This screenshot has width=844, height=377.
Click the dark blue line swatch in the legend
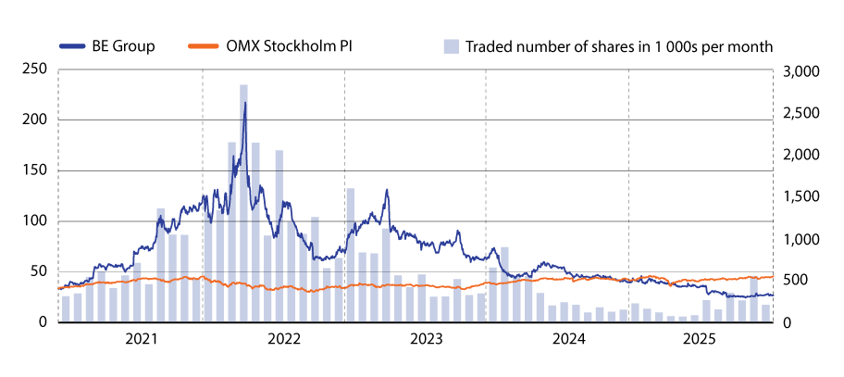pyautogui.click(x=72, y=45)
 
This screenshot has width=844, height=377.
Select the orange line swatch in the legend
pyautogui.click(x=204, y=45)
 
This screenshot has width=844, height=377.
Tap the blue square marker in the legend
pyautogui.click(x=451, y=46)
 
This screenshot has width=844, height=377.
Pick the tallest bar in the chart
pyautogui.click(x=243, y=203)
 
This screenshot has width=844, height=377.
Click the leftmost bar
pyautogui.click(x=66, y=308)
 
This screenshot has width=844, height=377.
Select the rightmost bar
pyautogui.click(x=765, y=313)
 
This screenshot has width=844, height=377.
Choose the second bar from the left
pyautogui.click(x=78, y=307)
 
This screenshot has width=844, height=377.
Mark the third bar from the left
pyautogui.click(x=90, y=299)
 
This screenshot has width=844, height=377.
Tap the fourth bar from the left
pyautogui.click(x=101, y=296)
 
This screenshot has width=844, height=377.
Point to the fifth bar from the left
pyautogui.click(x=113, y=305)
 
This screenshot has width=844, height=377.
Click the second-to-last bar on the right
pyautogui.click(x=753, y=298)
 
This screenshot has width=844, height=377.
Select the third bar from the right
pyautogui.click(x=741, y=310)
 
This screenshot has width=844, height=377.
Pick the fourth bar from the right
pyautogui.click(x=730, y=308)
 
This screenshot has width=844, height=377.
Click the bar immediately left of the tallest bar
pyautogui.click(x=232, y=232)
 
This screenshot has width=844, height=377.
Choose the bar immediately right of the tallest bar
pyautogui.click(x=255, y=232)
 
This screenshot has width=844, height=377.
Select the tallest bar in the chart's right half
pyautogui.click(x=504, y=283)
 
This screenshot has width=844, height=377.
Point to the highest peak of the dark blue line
pyautogui.click(x=244, y=101)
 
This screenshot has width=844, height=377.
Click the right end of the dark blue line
pyautogui.click(x=773, y=295)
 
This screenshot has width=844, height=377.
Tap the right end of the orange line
pyautogui.click(x=774, y=276)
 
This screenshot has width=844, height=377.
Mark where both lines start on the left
pyautogui.click(x=58, y=288)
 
